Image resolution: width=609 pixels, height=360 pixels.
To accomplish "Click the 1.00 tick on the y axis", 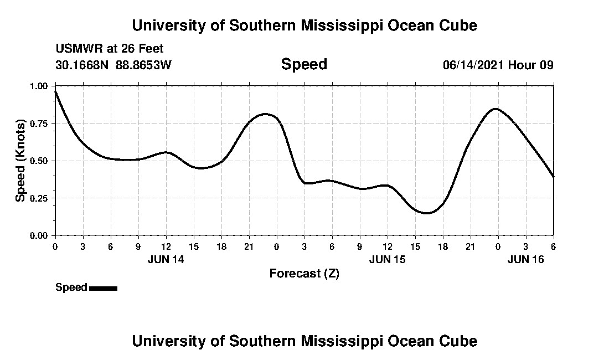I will [x=39, y=86].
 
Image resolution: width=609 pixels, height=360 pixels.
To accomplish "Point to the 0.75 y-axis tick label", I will [x=39, y=123].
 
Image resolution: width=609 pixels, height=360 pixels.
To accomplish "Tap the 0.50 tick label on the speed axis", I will [x=39, y=161].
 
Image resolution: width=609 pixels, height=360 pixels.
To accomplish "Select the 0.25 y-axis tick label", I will [x=39, y=198].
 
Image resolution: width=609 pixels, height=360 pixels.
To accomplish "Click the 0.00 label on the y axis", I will [x=39, y=235].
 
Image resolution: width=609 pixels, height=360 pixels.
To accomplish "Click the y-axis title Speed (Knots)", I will [x=20, y=161].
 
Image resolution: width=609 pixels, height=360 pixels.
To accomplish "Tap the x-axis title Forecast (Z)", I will [x=304, y=273].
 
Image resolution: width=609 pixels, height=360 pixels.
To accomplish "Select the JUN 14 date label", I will [x=166, y=259].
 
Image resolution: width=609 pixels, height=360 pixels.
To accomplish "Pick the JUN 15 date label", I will [x=387, y=259].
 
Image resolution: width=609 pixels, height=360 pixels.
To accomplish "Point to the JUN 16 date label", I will [x=525, y=259].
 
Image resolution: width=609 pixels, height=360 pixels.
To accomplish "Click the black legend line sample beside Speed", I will [x=103, y=288].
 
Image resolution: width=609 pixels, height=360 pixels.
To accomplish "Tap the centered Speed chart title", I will [x=304, y=64].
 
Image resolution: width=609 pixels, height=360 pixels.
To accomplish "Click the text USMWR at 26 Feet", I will [x=110, y=49].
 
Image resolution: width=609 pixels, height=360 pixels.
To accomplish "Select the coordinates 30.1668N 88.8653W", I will [x=113, y=65].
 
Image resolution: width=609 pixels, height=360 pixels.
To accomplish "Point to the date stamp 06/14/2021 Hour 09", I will [x=498, y=65].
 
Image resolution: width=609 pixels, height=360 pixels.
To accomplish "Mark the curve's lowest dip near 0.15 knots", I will [x=426, y=213].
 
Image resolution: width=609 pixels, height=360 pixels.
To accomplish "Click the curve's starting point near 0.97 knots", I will [x=55, y=91].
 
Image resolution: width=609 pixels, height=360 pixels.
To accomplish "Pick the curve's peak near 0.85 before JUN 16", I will [x=496, y=109].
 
